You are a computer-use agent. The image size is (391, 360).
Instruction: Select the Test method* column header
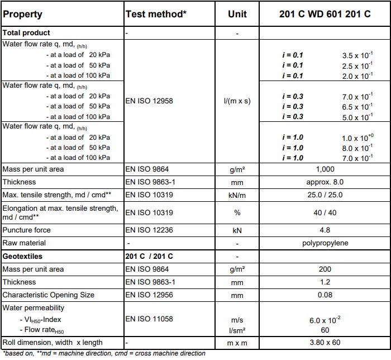click(x=156, y=14)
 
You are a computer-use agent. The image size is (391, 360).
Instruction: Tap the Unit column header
click(x=237, y=14)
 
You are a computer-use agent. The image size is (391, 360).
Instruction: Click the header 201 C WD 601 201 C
click(x=325, y=14)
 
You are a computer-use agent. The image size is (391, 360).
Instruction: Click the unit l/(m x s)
click(x=237, y=101)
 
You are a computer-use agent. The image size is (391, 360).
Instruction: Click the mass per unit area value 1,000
click(x=325, y=169)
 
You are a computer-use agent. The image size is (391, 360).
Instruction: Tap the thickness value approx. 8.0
click(x=325, y=182)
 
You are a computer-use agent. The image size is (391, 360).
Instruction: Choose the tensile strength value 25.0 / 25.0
click(x=325, y=195)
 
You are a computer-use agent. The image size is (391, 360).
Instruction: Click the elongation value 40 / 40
click(x=325, y=212)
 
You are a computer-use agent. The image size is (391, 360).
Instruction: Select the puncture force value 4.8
click(x=325, y=230)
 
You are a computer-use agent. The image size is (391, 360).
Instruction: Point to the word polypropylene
click(x=325, y=243)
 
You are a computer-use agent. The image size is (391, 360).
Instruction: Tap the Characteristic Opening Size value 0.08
click(x=325, y=295)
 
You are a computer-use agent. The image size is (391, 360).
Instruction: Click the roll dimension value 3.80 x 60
click(x=325, y=343)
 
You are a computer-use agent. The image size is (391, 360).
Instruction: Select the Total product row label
click(x=26, y=33)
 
